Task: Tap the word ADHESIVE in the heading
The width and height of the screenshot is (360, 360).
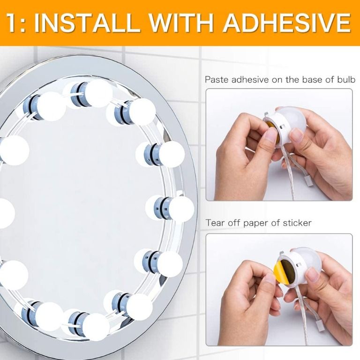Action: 285,22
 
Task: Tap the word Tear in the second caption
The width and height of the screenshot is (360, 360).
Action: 214,223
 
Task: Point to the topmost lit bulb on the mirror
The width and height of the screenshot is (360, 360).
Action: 98,92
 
